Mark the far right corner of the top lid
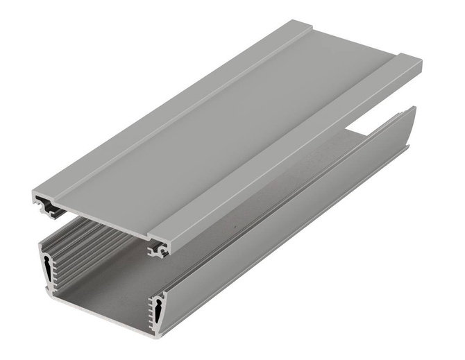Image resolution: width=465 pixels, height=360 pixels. tap(421, 64)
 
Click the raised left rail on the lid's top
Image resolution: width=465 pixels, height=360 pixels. tap(174, 104)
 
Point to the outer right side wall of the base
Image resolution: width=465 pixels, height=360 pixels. tap(291, 229)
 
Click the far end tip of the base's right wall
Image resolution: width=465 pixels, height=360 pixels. tap(414, 111)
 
